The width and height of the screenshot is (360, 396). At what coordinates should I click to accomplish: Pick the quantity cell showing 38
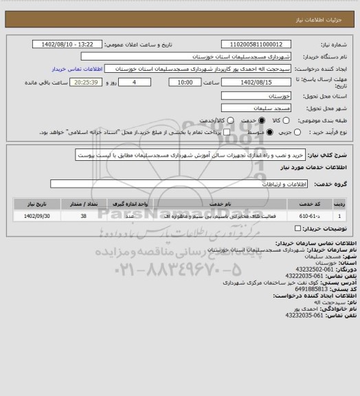[83, 217]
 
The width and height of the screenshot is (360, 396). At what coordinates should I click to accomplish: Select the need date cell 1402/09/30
[38, 217]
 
